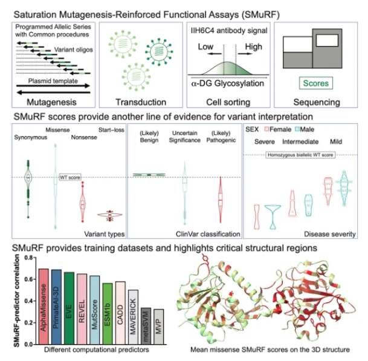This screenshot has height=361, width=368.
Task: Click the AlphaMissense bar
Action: click(x=44, y=307)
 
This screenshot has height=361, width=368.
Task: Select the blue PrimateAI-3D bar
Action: click(x=56, y=307)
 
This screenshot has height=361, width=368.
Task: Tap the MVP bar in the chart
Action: click(x=159, y=327)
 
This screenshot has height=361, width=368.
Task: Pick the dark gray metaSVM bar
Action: click(x=146, y=326)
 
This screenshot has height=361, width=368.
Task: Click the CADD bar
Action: click(x=120, y=313)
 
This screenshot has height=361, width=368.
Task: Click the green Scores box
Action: click(x=316, y=83)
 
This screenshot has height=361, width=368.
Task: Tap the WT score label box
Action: click(x=70, y=177)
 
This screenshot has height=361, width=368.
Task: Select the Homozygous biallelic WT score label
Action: click(x=300, y=155)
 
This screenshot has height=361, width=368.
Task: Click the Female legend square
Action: click(x=266, y=129)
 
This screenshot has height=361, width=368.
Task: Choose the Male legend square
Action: click(x=297, y=129)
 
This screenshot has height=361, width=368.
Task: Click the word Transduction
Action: click(x=141, y=102)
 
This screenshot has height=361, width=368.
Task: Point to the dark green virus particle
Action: click(x=159, y=51)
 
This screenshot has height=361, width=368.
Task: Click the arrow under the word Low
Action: click(x=215, y=54)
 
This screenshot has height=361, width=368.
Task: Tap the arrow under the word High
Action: click(x=245, y=54)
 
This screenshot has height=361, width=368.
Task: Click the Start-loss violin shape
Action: click(x=110, y=215)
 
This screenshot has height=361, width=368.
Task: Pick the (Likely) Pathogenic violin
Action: click(x=221, y=200)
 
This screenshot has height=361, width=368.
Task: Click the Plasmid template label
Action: click(x=53, y=81)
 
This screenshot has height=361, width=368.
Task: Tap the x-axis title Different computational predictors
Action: click(x=97, y=350)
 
